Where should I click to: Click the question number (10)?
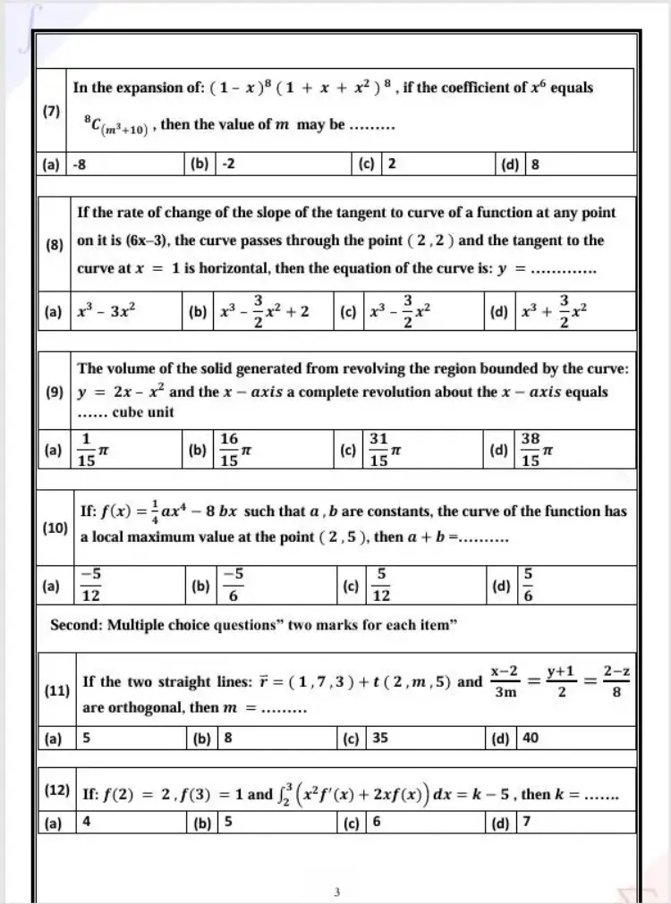click(x=55, y=528)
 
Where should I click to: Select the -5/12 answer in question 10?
click(x=90, y=587)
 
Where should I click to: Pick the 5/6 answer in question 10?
click(x=528, y=587)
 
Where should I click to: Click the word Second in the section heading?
click(x=75, y=625)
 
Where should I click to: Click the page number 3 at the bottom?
click(x=335, y=891)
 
